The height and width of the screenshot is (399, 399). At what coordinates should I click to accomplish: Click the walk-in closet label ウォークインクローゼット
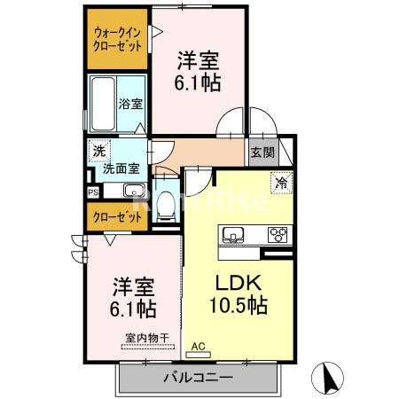click(x=118, y=39)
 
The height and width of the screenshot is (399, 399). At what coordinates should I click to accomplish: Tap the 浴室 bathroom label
click(x=130, y=104)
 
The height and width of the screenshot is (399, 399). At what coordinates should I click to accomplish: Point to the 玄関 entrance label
click(x=262, y=152)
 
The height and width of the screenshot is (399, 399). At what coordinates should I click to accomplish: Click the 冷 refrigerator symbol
click(x=280, y=184)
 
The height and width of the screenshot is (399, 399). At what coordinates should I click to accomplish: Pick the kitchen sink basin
click(x=235, y=234)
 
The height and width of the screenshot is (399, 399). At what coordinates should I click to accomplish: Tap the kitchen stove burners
click(x=278, y=235)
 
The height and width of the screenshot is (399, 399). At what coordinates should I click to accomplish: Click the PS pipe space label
click(x=92, y=192)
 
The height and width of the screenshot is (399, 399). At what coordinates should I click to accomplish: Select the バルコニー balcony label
click(x=199, y=378)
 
